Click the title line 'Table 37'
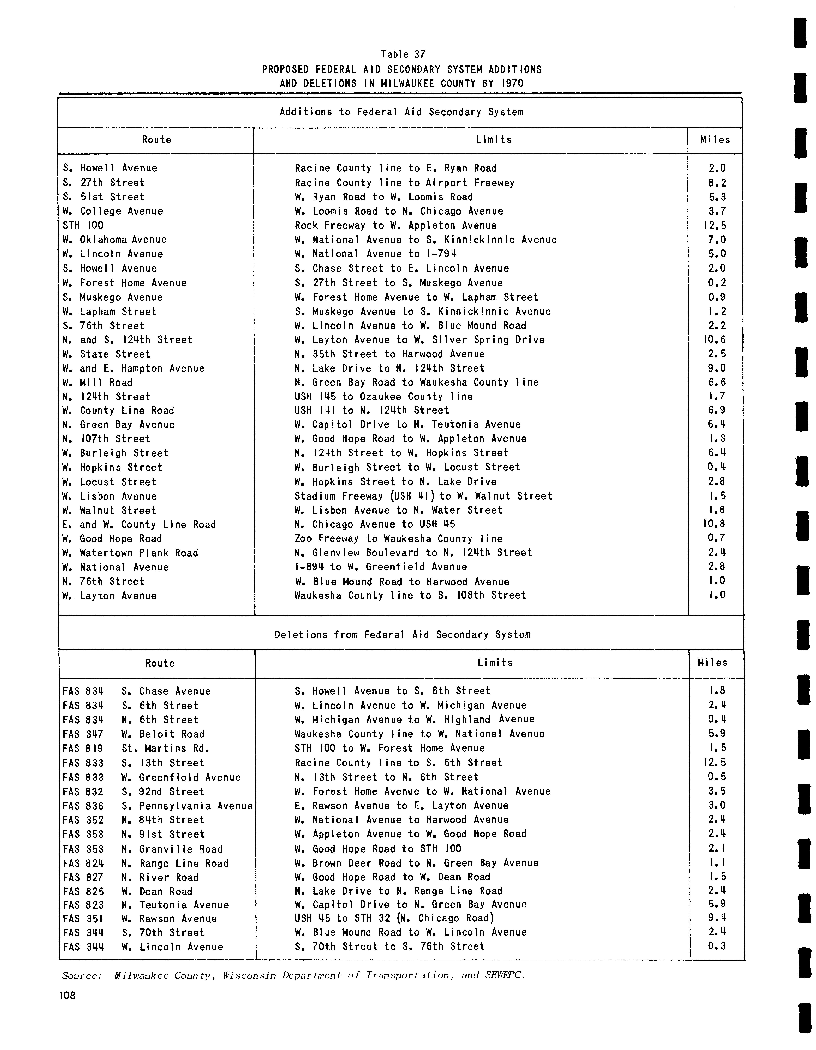pyautogui.click(x=403, y=54)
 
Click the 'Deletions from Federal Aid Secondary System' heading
pyautogui.click(x=403, y=635)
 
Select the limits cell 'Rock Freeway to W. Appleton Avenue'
pyautogui.click(x=395, y=226)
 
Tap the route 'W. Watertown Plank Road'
pyautogui.click(x=130, y=553)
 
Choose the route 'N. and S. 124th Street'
pyautogui.click(x=127, y=340)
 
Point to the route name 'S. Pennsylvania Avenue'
pyautogui.click(x=187, y=806)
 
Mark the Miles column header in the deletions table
pyautogui.click(x=713, y=663)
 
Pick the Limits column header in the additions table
pyautogui.click(x=494, y=140)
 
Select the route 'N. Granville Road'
pyautogui.click(x=172, y=849)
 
